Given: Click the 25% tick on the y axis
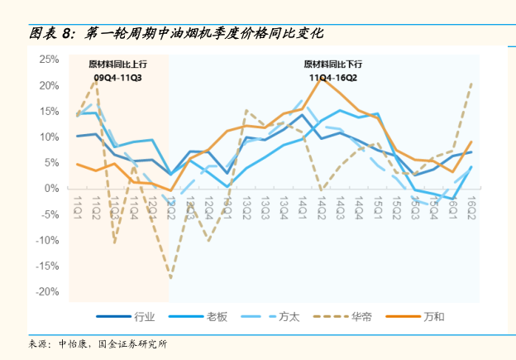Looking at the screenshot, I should [x=48, y=60].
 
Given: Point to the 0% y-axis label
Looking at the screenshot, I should [x=51, y=189].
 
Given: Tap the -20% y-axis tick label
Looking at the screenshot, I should [x=46, y=292].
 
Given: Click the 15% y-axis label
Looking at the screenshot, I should [x=48, y=111].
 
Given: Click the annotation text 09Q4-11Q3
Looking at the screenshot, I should [x=118, y=79].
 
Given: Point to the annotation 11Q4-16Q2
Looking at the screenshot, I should [x=333, y=78].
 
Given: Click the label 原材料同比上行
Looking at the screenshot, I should [x=118, y=64].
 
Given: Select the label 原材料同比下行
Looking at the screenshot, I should [x=333, y=64].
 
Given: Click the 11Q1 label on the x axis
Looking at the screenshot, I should [x=78, y=203].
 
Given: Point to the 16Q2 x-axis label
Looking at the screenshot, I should [x=471, y=203].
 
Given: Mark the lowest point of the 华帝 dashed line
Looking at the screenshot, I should [x=171, y=278].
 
